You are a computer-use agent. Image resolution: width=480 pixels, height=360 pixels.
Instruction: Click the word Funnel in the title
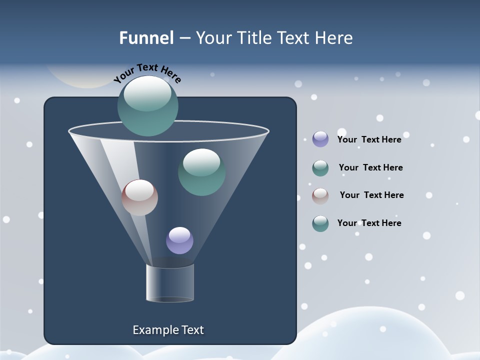(146, 38)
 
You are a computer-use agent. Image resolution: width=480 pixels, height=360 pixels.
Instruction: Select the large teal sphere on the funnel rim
(148, 106)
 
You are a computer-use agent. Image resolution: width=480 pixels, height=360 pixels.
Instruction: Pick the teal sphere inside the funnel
(201, 172)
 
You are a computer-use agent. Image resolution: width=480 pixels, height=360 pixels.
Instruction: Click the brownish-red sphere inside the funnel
(139, 197)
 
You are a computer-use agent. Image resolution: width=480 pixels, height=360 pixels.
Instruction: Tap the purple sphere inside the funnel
(179, 240)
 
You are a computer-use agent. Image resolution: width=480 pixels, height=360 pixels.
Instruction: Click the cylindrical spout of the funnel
(170, 283)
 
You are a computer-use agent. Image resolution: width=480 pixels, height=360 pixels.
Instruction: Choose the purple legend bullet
(320, 139)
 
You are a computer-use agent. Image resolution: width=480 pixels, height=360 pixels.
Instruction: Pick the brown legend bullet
(320, 195)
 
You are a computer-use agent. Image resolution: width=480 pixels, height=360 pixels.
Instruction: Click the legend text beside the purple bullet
(369, 139)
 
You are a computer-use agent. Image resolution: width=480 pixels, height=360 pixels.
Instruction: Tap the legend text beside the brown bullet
(371, 195)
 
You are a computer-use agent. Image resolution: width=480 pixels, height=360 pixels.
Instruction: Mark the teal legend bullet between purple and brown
(320, 168)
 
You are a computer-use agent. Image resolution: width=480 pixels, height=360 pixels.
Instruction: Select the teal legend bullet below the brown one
(320, 223)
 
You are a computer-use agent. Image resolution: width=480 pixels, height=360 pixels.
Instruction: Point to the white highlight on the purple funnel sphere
(179, 234)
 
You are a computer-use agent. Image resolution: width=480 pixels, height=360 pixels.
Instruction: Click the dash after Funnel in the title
(184, 38)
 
